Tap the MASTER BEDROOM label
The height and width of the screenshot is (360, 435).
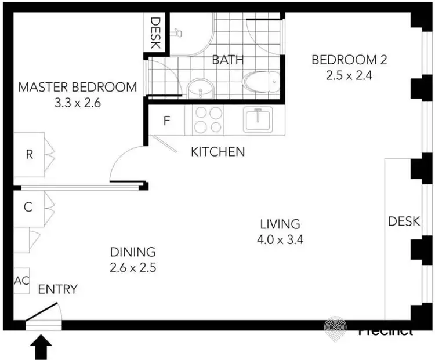click(x=78, y=88)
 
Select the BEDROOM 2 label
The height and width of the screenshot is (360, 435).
click(x=349, y=60)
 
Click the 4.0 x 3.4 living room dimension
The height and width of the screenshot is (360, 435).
click(x=280, y=238)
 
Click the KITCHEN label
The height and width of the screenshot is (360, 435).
click(x=218, y=152)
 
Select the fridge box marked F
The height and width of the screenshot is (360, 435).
click(x=167, y=122)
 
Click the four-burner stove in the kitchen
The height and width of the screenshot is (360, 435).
click(x=208, y=120)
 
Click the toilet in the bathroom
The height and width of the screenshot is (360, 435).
click(x=260, y=83)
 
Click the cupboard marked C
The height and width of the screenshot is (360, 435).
click(x=28, y=207)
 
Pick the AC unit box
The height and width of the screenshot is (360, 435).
click(x=21, y=281)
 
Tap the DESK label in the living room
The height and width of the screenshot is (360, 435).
click(x=400, y=221)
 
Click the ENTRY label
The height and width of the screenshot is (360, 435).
click(x=57, y=289)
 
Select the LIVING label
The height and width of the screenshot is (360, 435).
click(x=280, y=224)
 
